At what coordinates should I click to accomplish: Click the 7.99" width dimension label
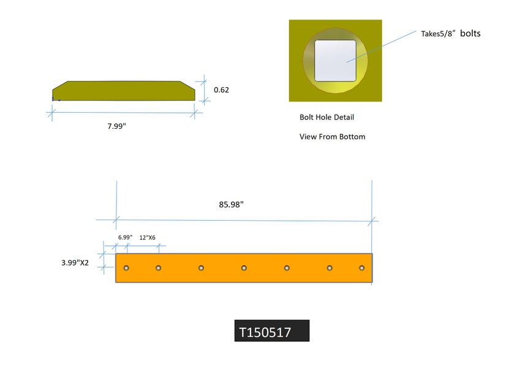(116, 126)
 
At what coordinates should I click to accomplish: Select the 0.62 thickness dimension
(221, 90)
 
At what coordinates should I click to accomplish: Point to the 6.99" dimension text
(125, 237)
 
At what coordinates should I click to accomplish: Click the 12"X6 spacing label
(147, 237)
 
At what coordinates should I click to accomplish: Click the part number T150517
(265, 332)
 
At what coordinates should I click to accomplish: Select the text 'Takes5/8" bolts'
(450, 34)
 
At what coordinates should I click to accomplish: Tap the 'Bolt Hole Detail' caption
(326, 117)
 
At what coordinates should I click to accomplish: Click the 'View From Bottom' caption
(332, 137)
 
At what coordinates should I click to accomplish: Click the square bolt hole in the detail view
(336, 61)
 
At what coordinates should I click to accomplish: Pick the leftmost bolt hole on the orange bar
(126, 268)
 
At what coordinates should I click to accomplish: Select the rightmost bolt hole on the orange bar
(362, 268)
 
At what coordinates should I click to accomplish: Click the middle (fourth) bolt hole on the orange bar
(244, 268)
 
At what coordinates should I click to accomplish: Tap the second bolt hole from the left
(158, 268)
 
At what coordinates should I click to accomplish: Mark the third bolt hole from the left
(201, 268)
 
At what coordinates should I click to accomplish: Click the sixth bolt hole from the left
(330, 268)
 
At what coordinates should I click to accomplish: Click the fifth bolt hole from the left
(287, 268)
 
